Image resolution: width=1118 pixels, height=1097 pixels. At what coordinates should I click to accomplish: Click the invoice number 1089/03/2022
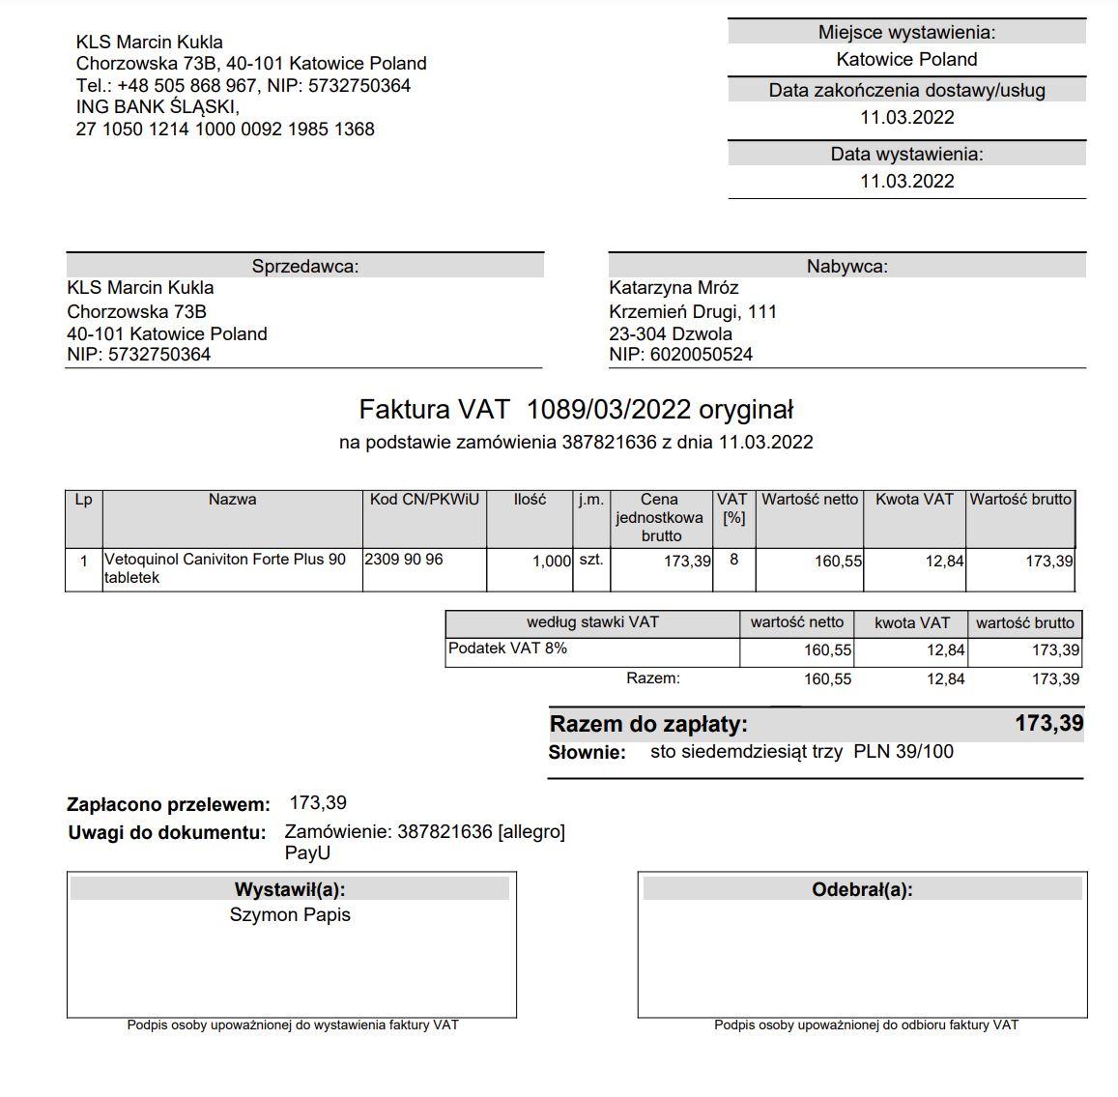(x=608, y=410)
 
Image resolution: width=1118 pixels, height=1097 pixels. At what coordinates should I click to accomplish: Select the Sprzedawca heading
(x=304, y=267)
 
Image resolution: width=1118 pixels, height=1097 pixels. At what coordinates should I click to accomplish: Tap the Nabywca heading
(x=846, y=267)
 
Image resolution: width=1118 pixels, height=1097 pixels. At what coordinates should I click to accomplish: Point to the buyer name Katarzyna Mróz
(x=674, y=288)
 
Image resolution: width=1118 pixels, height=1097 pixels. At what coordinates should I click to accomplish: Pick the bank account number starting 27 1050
(x=225, y=130)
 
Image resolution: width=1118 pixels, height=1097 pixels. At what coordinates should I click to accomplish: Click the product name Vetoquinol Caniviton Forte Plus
(x=224, y=560)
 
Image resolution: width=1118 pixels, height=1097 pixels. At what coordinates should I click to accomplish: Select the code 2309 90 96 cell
(x=404, y=560)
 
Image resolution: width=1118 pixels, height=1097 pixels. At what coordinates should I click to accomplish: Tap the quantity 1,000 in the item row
(x=552, y=562)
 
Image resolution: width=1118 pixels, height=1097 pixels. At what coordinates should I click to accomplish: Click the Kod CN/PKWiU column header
(x=424, y=500)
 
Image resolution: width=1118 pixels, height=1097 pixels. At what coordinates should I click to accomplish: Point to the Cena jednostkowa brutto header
(x=661, y=517)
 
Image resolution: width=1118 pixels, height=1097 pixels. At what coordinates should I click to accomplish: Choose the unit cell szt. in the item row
(x=590, y=560)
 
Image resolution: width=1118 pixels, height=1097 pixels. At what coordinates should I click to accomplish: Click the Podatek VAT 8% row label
(x=507, y=649)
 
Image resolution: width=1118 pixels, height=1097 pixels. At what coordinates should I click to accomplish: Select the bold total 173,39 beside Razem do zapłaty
(x=1048, y=723)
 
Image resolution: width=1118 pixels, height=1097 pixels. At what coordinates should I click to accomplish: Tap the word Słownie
(x=588, y=753)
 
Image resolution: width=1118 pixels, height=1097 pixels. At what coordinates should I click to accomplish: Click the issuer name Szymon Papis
(x=290, y=915)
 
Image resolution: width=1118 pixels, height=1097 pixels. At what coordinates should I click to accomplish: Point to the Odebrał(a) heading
(x=862, y=890)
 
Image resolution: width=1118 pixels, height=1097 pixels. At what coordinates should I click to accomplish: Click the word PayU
(x=307, y=853)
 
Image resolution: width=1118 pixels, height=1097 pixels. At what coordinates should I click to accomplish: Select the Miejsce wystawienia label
(x=906, y=33)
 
